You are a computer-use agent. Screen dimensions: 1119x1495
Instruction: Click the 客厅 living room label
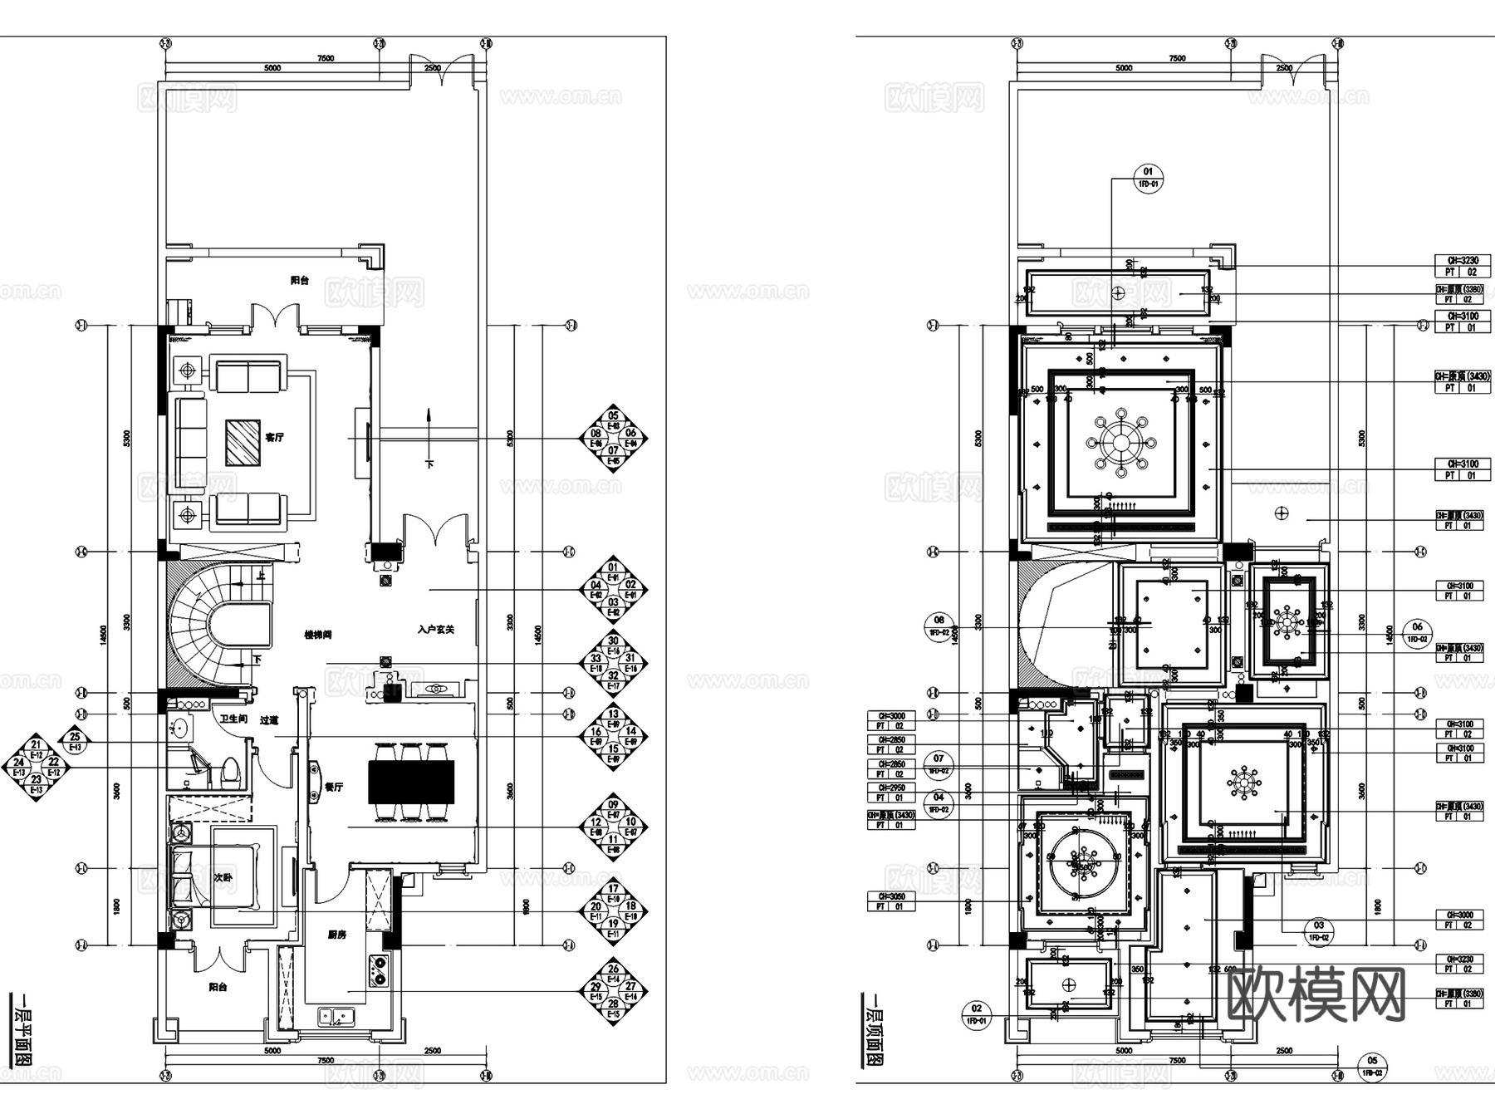pos(274,437)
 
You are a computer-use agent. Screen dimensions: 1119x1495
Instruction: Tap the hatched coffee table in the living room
pos(243,442)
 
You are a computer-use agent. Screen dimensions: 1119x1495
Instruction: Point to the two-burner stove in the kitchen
pos(378,970)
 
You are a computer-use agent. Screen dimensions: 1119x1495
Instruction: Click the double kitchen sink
pos(336,1016)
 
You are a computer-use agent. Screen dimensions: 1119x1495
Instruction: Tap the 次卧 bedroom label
pos(223,877)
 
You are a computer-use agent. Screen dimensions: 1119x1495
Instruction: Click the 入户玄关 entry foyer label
pos(435,630)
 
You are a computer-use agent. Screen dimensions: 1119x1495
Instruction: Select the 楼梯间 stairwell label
pos(318,635)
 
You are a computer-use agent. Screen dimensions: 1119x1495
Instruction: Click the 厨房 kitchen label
pos(336,935)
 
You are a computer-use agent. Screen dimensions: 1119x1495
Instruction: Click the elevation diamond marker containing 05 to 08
pos(613,438)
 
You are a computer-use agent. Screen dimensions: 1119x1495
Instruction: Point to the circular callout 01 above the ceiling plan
pos(1149,178)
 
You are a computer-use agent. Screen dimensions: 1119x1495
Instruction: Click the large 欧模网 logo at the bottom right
pos(1316,995)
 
